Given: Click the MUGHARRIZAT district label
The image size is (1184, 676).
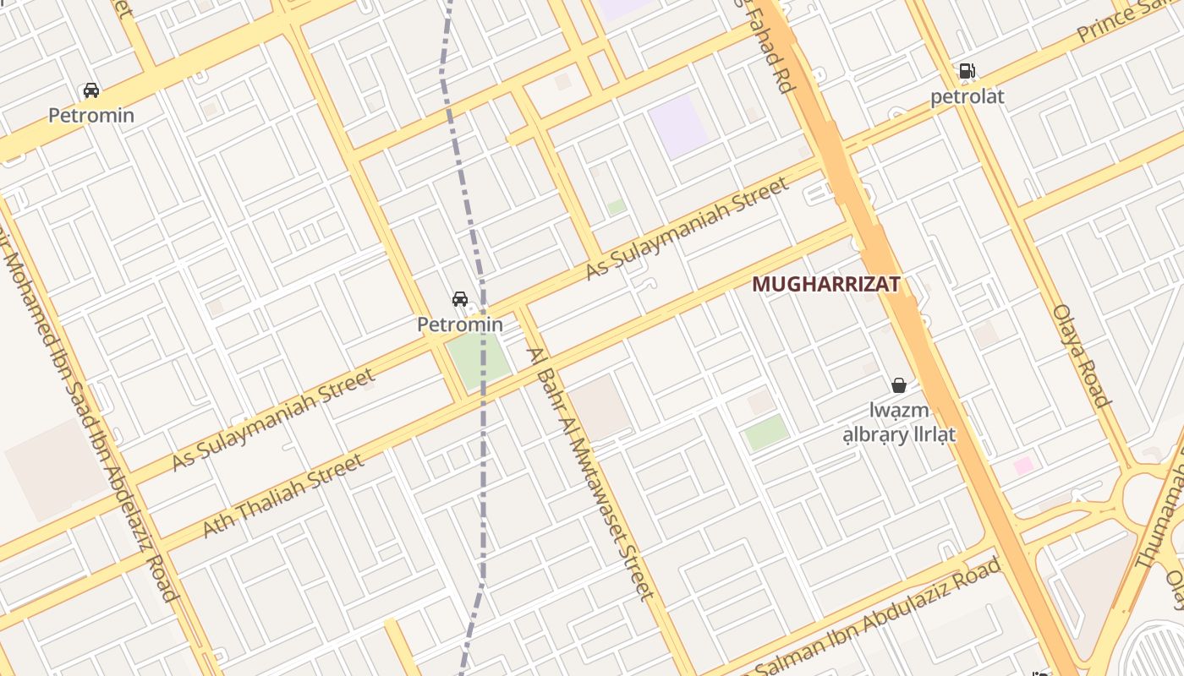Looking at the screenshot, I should pyautogui.click(x=825, y=285).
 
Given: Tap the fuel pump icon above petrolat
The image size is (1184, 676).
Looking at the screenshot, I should pyautogui.click(x=967, y=72).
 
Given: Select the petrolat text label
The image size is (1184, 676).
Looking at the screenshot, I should pyautogui.click(x=967, y=96).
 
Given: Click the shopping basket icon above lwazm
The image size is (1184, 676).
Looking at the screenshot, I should pyautogui.click(x=898, y=385).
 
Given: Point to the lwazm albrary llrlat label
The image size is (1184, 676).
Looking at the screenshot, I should pyautogui.click(x=898, y=422).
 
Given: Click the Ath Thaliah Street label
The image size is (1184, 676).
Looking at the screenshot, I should pyautogui.click(x=283, y=495).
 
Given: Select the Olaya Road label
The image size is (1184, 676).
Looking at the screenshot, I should pyautogui.click(x=1081, y=355).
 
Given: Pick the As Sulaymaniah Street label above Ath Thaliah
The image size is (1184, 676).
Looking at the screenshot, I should pyautogui.click(x=272, y=420).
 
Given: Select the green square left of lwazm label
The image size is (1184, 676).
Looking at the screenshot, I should pyautogui.click(x=766, y=432).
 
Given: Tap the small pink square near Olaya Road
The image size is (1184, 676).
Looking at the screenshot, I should pyautogui.click(x=1023, y=465).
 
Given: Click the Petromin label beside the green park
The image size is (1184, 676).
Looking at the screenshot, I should pyautogui.click(x=459, y=324).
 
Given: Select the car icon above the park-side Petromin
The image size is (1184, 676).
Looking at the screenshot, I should pyautogui.click(x=459, y=299).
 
